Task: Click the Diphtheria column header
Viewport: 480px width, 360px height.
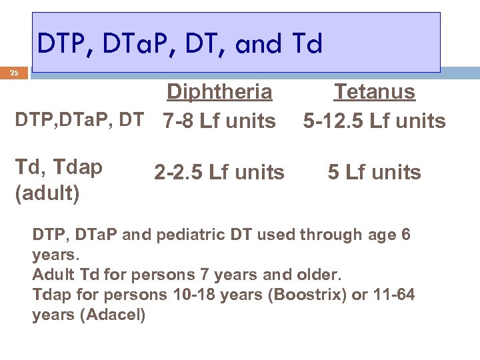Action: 219,91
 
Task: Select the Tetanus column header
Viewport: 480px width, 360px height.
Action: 375,91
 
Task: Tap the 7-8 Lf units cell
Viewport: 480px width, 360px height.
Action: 219,121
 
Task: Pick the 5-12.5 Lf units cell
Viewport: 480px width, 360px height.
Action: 374,121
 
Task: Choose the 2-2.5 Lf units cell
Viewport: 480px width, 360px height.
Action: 219,173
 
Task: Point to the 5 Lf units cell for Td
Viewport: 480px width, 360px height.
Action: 374,173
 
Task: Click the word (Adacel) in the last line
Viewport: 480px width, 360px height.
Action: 112,315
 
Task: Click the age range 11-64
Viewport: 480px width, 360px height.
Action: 390,294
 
